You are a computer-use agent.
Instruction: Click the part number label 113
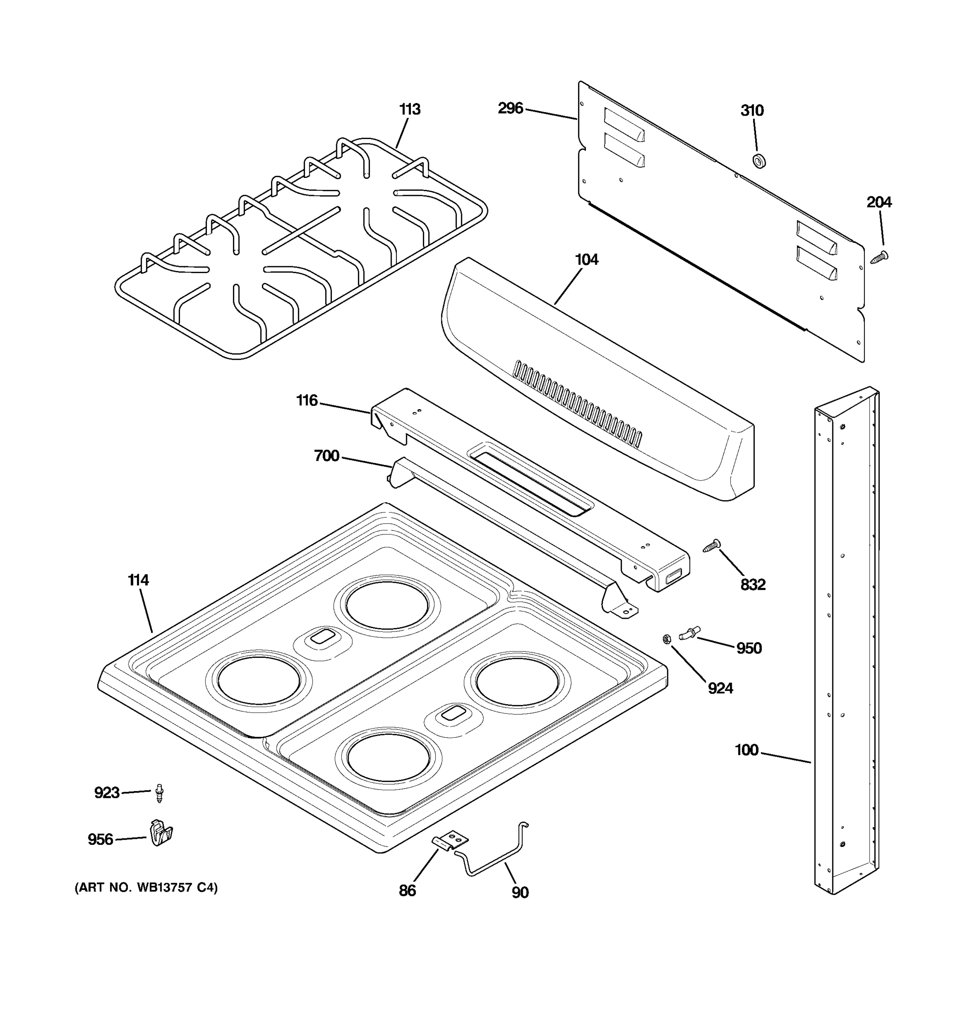click(410, 110)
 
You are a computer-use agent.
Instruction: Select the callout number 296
click(510, 108)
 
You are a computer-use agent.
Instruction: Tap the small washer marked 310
click(759, 161)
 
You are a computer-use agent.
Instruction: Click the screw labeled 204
click(879, 257)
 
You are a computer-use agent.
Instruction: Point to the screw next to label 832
click(712, 545)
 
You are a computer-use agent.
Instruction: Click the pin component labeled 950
click(689, 632)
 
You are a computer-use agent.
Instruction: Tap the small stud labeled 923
click(160, 793)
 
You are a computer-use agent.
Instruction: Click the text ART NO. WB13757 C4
click(146, 888)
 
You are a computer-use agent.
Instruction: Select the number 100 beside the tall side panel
click(747, 750)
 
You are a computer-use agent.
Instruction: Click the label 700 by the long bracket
click(326, 456)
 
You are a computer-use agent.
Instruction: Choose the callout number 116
click(307, 400)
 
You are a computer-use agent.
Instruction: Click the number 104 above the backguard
click(587, 259)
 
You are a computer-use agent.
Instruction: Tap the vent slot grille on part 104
click(577, 403)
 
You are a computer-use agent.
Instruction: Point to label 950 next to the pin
click(749, 648)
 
